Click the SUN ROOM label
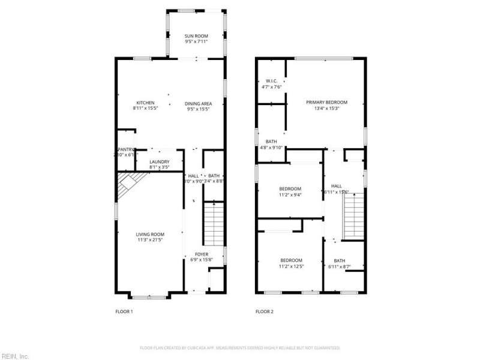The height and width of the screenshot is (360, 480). click(x=196, y=37)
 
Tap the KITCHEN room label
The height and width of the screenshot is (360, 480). click(x=145, y=103)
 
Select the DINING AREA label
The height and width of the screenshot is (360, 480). click(x=199, y=103)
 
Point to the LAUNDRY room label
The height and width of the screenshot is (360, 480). click(x=159, y=161)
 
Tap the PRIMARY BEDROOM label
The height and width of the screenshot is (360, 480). click(x=326, y=103)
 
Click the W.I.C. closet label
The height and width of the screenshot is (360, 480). click(x=271, y=81)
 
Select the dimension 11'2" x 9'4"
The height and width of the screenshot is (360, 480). click(x=290, y=194)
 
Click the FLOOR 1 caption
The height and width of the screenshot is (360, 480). click(x=124, y=311)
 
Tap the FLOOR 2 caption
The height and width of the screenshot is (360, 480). click(x=264, y=311)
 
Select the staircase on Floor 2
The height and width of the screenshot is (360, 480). click(x=354, y=215)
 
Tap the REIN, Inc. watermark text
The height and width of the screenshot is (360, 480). click(x=15, y=356)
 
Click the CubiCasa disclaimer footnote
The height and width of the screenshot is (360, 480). click(x=240, y=347)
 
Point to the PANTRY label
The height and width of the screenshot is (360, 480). click(x=125, y=149)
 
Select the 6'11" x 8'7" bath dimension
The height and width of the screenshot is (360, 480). click(x=340, y=266)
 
